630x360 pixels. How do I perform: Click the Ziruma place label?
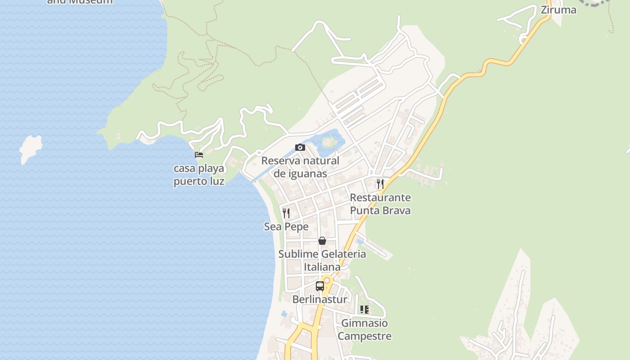(x=558, y=10)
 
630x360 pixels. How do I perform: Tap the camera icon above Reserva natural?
(x=300, y=147)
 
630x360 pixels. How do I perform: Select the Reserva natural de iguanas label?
(x=300, y=167)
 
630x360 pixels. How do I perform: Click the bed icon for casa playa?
(x=199, y=155)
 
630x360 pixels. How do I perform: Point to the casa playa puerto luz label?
(x=199, y=175)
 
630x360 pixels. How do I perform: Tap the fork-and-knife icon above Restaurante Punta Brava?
(x=380, y=184)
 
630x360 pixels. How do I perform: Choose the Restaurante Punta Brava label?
(x=380, y=204)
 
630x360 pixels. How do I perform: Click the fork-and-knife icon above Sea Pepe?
(x=286, y=213)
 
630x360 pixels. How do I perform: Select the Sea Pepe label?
(x=286, y=226)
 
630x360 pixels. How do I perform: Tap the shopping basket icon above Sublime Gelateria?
(x=322, y=241)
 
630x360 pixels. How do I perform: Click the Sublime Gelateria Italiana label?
(x=322, y=260)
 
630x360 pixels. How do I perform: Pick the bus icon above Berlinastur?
(x=320, y=286)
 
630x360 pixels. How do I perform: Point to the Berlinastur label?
(x=320, y=299)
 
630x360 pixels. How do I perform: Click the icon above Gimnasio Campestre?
(x=364, y=310)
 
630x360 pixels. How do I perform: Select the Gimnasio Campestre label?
(x=364, y=329)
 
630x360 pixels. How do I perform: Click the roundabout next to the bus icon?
(x=327, y=280)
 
